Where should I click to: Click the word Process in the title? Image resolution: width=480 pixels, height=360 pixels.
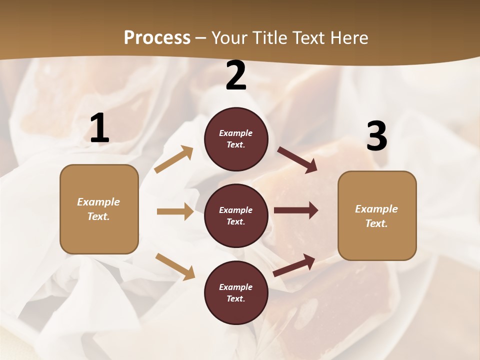157,38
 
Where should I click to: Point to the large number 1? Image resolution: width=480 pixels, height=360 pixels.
99,128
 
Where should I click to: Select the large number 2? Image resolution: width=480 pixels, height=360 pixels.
236,75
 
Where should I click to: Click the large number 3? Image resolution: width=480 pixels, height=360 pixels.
376,136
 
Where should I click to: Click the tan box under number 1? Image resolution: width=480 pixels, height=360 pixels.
99,209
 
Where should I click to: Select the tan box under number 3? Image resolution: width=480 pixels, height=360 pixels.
377,216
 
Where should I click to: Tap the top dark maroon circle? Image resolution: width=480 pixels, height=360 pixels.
236,139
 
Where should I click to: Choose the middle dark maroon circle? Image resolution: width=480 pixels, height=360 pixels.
236,215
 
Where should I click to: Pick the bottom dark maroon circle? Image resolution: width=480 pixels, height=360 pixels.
236,292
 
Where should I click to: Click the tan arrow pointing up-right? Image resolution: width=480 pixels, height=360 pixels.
174,159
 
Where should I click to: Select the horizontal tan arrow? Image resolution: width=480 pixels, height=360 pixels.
175,211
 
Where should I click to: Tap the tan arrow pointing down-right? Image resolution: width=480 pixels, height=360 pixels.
175,266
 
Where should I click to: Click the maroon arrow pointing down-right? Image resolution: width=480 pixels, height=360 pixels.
297,160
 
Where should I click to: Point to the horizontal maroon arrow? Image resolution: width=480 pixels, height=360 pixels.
295,210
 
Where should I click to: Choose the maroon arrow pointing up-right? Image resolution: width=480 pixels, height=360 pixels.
294,265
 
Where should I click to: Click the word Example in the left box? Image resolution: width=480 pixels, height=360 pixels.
98,202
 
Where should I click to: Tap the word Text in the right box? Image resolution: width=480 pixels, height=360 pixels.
376,223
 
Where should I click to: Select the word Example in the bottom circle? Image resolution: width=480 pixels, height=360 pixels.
236,287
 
